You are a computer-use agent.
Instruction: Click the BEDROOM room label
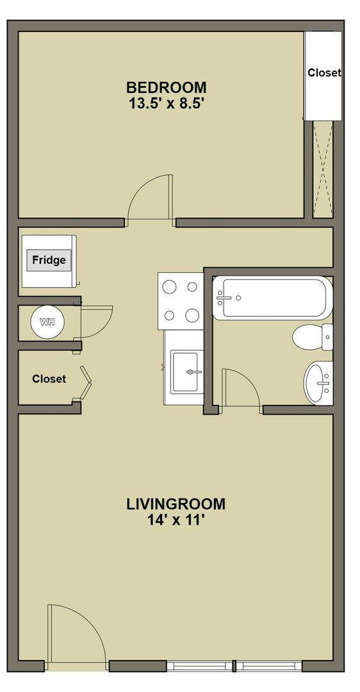coord(166,87)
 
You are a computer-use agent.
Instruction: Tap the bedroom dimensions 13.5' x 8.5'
coord(167,104)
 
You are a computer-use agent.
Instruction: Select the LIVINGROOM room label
coord(176,504)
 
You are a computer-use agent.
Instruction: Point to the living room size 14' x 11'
coord(176,521)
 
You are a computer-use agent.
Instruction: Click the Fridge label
coord(49,260)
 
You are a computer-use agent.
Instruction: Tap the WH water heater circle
coord(47,322)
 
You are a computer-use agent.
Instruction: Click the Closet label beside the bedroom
coord(324,72)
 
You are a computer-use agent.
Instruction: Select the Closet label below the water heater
coord(49,379)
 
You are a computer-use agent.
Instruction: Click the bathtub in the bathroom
coord(272,298)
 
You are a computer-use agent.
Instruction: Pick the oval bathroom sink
coord(318,383)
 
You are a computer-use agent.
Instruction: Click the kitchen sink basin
coord(188,372)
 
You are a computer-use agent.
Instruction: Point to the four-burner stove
coord(181,301)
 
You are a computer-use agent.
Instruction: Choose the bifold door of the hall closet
coord(86,382)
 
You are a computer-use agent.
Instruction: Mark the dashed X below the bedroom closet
coord(322,169)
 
